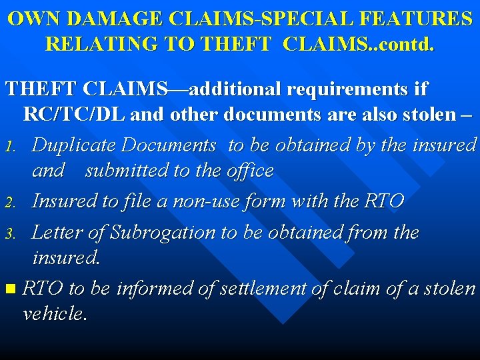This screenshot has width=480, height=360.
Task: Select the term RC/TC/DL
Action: [x=74, y=114]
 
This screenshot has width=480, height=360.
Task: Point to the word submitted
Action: [x=127, y=170]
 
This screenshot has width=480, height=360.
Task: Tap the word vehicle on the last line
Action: [x=54, y=313]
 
